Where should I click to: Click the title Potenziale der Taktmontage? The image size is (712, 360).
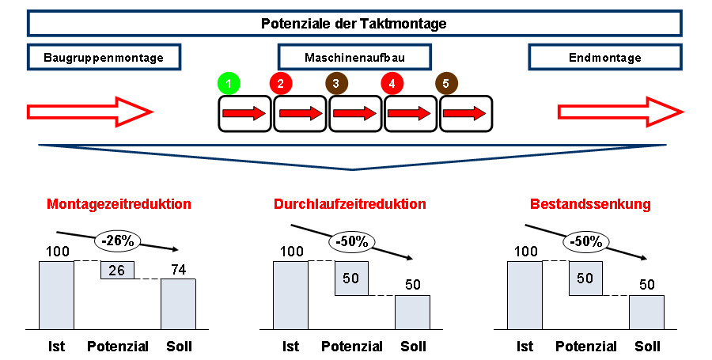click(354, 24)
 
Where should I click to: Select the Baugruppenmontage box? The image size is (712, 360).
click(104, 58)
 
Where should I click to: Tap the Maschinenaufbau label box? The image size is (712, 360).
click(354, 58)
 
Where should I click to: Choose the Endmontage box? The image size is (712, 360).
click(605, 58)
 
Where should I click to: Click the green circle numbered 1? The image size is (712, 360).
click(229, 82)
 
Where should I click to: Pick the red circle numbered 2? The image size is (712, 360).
click(281, 82)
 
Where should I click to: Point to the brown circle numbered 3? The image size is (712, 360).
click(336, 82)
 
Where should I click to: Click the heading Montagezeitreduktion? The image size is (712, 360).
click(119, 204)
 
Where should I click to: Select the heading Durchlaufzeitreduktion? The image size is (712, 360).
click(350, 204)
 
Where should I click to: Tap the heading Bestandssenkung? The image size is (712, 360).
click(591, 204)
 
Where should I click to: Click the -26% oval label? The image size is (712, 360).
click(116, 240)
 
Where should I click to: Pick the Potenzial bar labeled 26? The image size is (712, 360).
click(117, 270)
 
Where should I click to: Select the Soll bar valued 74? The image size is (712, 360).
click(178, 304)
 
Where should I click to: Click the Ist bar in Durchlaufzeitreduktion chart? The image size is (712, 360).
click(290, 295)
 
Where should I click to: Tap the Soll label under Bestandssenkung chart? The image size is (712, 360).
click(647, 346)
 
